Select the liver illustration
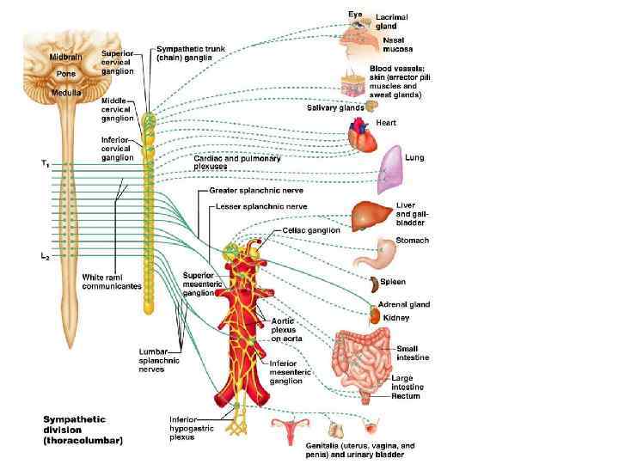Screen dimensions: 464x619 371,214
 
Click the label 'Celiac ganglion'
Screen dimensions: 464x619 311,230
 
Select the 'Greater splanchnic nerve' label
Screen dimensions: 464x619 256,190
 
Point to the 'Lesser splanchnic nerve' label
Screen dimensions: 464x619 254,206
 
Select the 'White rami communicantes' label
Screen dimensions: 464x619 112,281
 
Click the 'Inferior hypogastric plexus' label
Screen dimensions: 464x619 187,428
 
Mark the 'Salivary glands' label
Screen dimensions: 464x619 335,107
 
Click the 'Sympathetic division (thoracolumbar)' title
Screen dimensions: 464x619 83,430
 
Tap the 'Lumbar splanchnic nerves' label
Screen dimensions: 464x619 159,361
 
